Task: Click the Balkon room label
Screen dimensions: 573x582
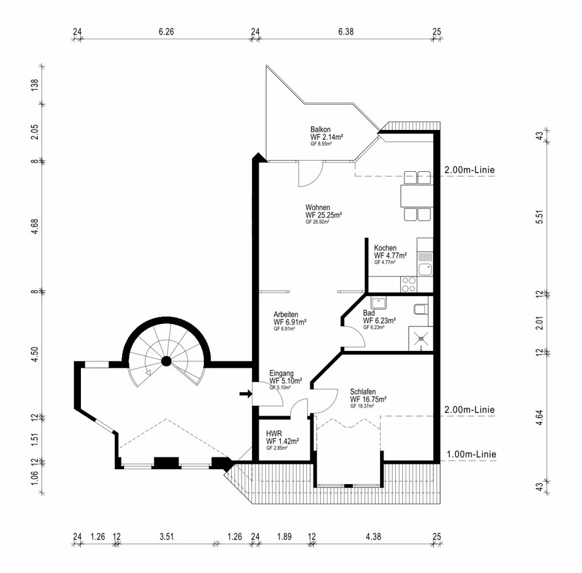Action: pos(320,129)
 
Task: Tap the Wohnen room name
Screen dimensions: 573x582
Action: pos(318,207)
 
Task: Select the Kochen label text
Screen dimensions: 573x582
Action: pos(385,248)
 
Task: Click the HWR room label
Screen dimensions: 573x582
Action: pos(273,433)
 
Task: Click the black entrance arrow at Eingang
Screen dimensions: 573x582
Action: pos(245,393)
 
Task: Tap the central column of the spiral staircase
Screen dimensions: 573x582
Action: pos(167,361)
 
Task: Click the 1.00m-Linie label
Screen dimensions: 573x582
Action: pos(470,455)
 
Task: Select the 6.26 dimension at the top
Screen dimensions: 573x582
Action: pos(167,31)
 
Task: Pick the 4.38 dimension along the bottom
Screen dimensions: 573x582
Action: pos(373,537)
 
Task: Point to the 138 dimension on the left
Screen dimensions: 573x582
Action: pos(35,86)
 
